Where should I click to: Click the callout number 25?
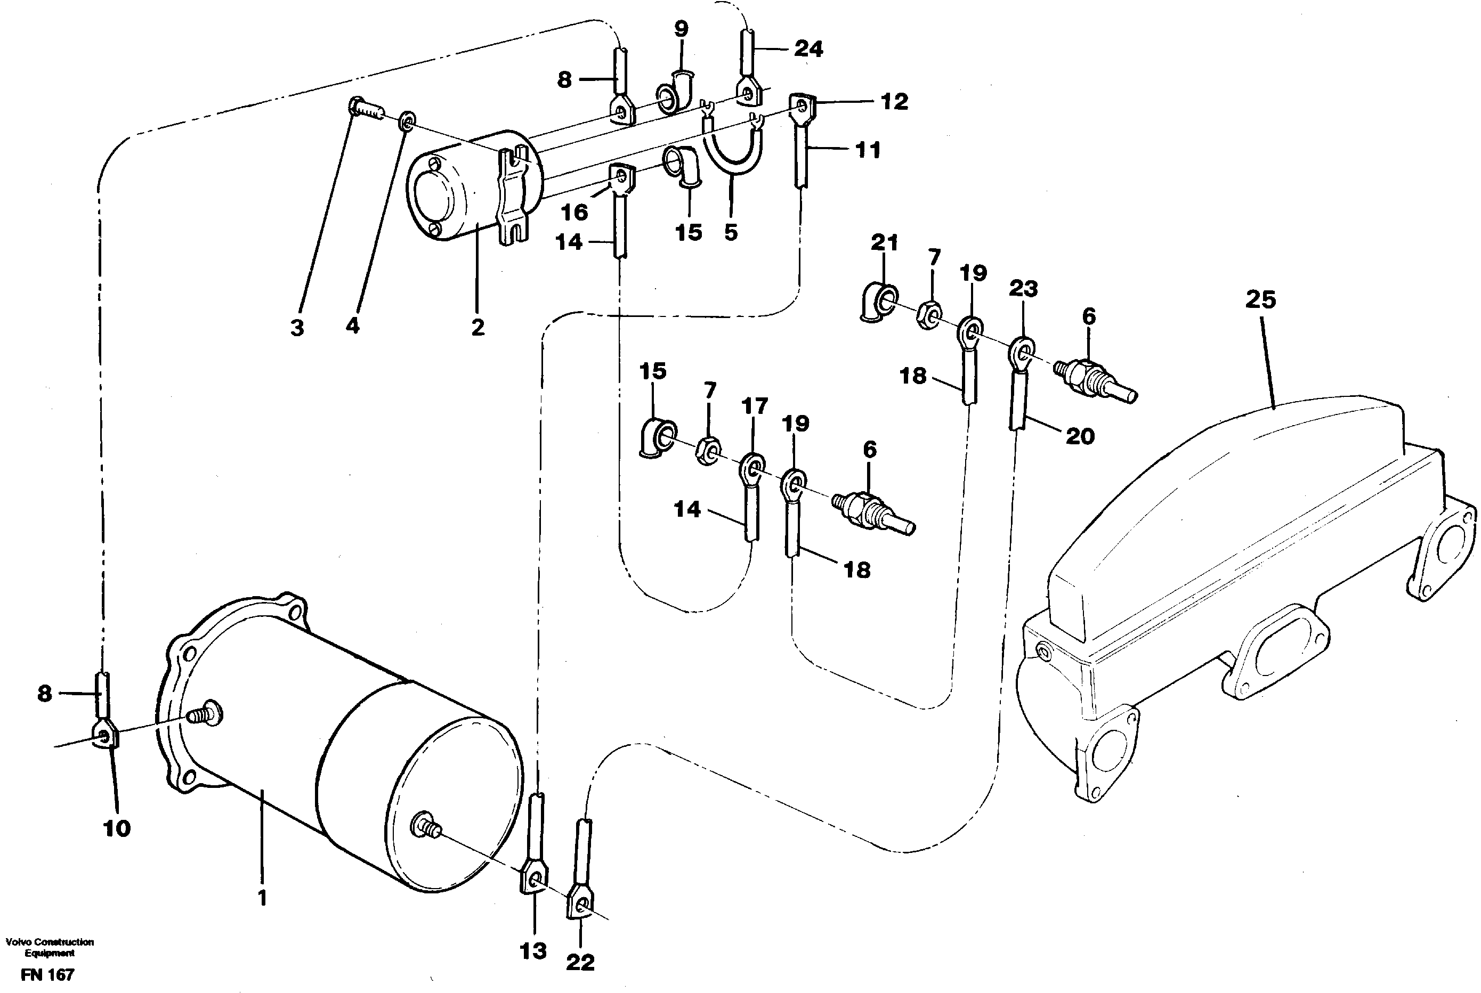tap(1260, 299)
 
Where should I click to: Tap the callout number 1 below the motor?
tap(262, 898)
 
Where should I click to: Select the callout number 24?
tap(809, 49)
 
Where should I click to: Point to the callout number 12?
tap(894, 102)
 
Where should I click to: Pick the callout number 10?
tap(117, 828)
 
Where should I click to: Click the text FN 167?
tap(47, 975)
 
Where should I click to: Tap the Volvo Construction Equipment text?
tap(50, 947)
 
